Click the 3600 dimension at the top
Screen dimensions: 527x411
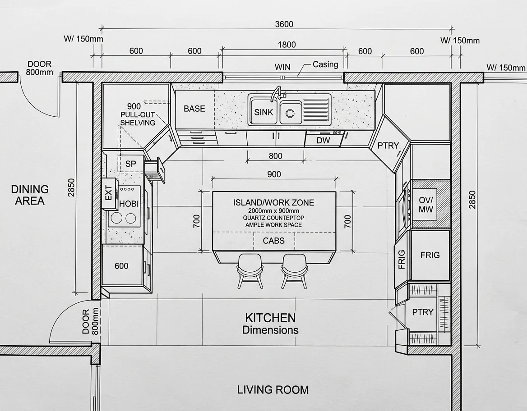tap(284, 24)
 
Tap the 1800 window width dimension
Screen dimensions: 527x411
tap(287, 45)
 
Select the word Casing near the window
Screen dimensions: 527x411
tap(325, 64)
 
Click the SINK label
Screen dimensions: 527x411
tap(263, 112)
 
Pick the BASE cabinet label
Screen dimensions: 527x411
tap(194, 109)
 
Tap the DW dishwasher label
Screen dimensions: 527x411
tap(324, 140)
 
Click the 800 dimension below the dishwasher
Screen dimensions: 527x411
tap(276, 156)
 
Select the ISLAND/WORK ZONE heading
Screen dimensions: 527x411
tap(273, 202)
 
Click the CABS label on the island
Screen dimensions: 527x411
tap(273, 241)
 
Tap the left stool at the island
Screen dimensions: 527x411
tap(250, 271)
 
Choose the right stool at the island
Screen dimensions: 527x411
tap(294, 271)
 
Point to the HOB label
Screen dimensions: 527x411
tap(129, 204)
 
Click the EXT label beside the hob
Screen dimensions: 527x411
tap(109, 193)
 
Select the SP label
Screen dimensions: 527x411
tap(131, 164)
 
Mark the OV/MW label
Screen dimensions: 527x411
tap(426, 205)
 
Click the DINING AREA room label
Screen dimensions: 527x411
tap(30, 195)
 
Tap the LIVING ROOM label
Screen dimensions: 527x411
tap(273, 390)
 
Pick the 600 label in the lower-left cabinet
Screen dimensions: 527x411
tap(121, 266)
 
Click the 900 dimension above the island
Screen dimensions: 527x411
tap(274, 174)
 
